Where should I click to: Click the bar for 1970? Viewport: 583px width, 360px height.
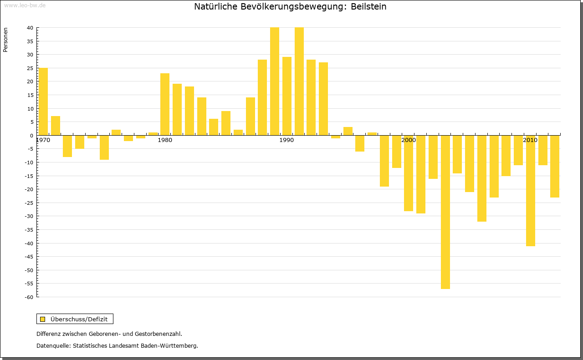pyautogui.click(x=43, y=101)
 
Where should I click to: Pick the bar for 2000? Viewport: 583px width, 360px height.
pyautogui.click(x=409, y=173)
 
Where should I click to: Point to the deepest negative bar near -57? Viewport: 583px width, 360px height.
pyautogui.click(x=445, y=212)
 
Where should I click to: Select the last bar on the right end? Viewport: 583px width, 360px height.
pyautogui.click(x=555, y=166)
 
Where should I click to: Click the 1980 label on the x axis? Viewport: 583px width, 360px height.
pyautogui.click(x=165, y=140)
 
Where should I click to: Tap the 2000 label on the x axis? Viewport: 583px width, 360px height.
pyautogui.click(x=409, y=140)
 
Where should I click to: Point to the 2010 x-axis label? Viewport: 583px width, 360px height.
pyautogui.click(x=530, y=140)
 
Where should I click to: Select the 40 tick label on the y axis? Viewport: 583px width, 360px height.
pyautogui.click(x=30, y=28)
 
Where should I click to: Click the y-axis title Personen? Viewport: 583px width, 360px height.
pyautogui.click(x=6, y=40)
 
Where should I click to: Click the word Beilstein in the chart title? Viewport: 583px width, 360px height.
pyautogui.click(x=368, y=7)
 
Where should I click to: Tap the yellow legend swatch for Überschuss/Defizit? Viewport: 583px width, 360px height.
pyautogui.click(x=42, y=319)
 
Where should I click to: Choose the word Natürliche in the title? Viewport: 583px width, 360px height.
pyautogui.click(x=213, y=7)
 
